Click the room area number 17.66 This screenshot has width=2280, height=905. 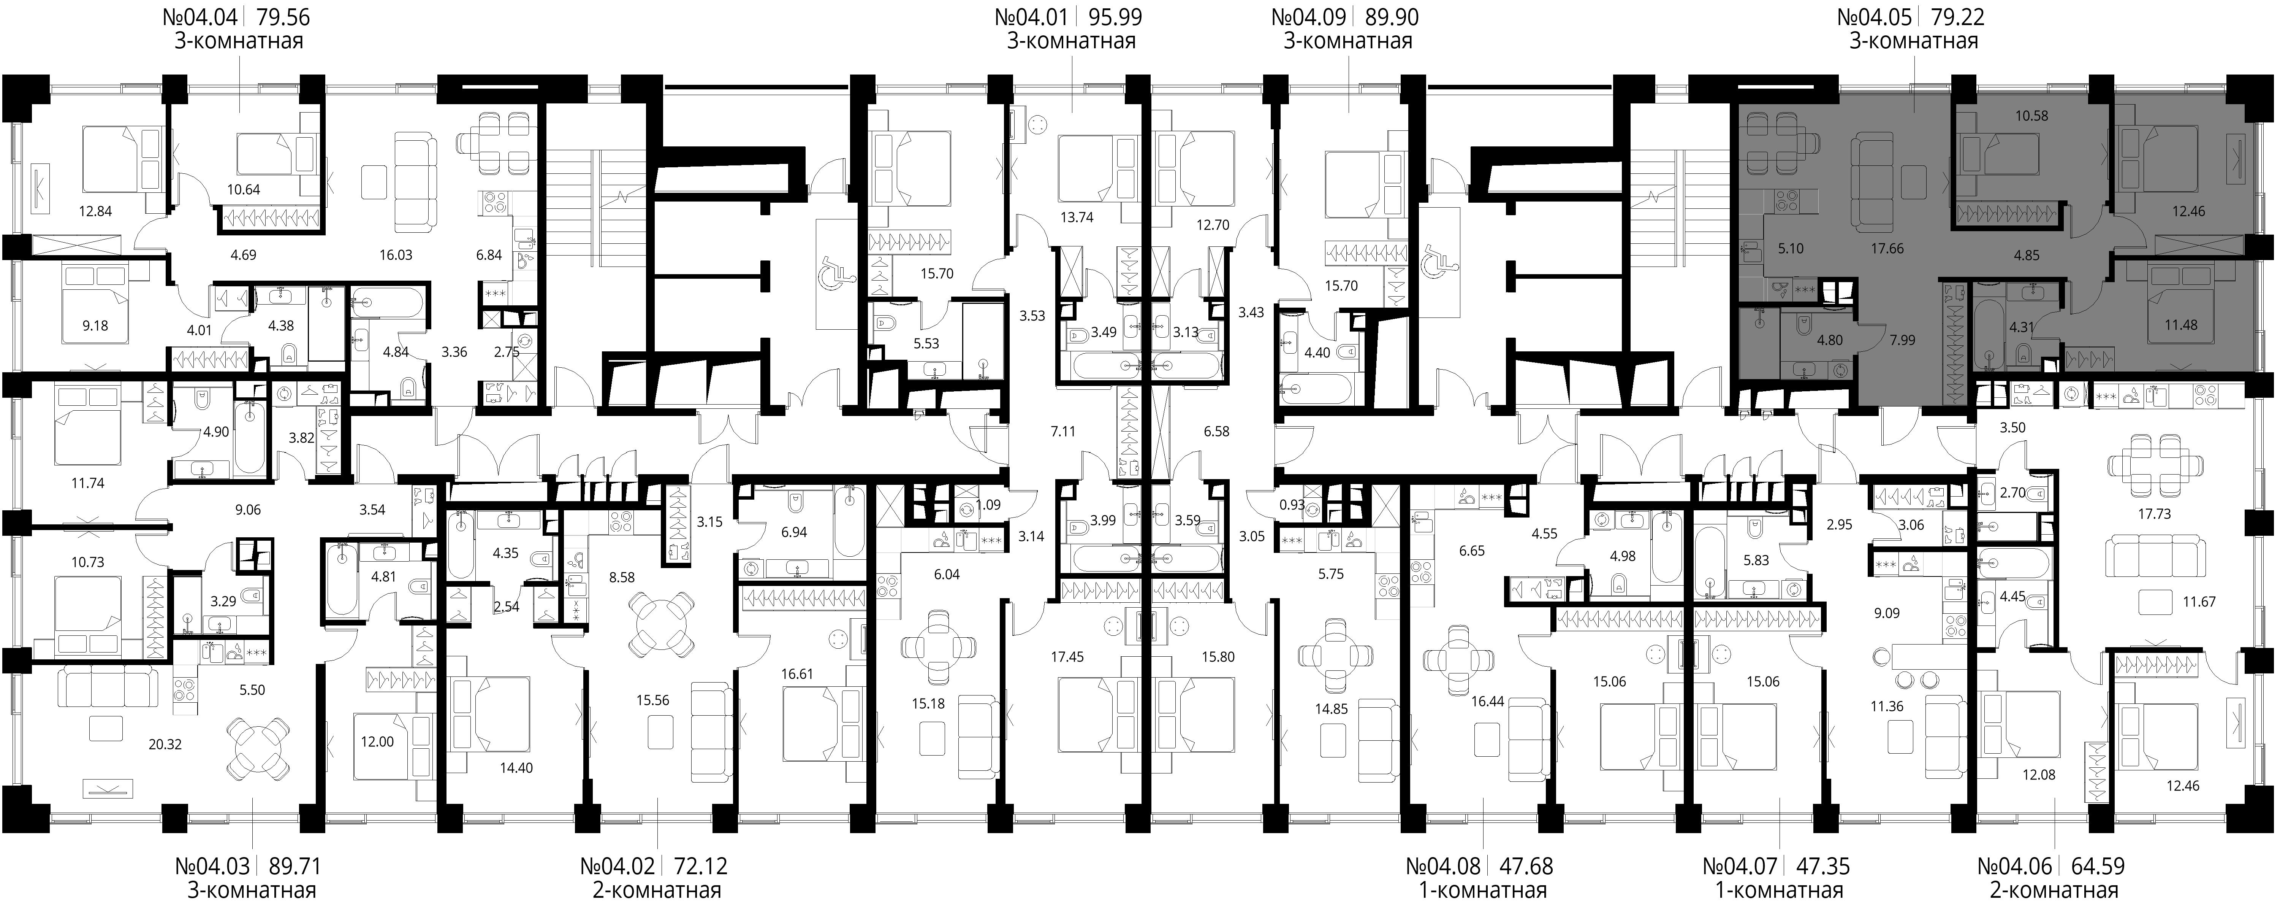click(1887, 249)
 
